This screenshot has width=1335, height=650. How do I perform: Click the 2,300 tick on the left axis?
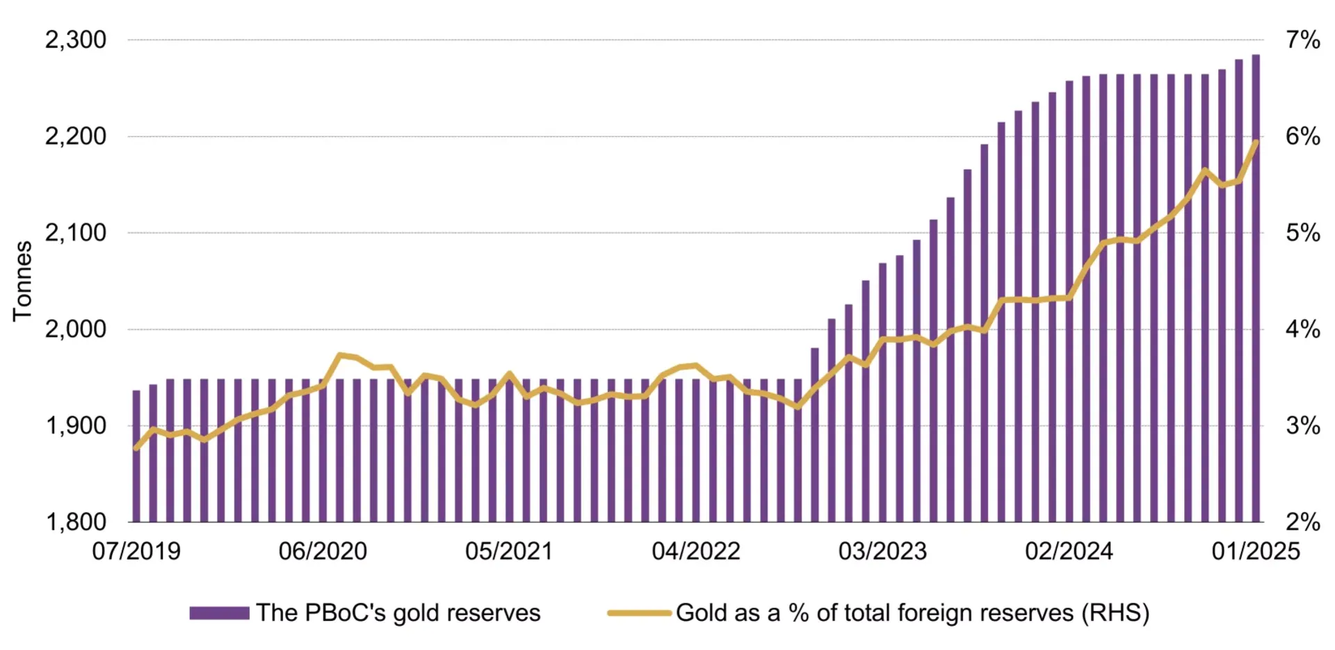[76, 40]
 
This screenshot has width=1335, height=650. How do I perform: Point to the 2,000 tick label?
[76, 329]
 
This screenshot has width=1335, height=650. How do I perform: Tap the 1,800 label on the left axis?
[76, 521]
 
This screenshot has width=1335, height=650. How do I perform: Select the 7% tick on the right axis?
[1302, 40]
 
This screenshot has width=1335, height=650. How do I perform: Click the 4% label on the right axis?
[1302, 329]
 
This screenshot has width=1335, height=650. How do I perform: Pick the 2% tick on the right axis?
[1302, 521]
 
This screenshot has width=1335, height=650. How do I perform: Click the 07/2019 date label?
[136, 551]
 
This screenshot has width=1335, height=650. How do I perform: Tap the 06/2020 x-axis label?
[323, 551]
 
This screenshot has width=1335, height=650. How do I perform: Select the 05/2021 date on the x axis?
[509, 551]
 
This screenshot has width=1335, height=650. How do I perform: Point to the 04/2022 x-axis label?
[696, 551]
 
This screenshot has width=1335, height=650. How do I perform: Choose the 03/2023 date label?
[882, 551]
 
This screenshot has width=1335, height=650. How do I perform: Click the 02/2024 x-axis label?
[1069, 551]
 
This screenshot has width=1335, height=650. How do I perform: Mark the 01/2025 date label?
[1256, 551]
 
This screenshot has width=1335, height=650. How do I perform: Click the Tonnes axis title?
[22, 281]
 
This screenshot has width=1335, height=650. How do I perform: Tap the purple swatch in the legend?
[219, 613]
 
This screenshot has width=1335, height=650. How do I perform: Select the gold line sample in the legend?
[639, 613]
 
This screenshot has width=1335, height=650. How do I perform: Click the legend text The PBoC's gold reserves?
[398, 613]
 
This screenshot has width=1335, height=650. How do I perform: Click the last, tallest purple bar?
[1256, 289]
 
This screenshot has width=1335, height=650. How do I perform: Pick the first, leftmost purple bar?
[136, 455]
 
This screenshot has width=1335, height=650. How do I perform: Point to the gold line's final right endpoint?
[1256, 143]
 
